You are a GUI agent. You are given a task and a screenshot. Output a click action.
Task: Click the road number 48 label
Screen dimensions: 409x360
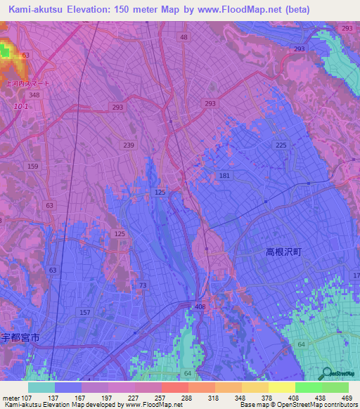(184, 37)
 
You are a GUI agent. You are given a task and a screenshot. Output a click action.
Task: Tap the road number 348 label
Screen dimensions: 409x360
(34, 94)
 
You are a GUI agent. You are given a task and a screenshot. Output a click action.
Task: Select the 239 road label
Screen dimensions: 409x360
(129, 145)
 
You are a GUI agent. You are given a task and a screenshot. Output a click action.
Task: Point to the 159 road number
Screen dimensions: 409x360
(33, 167)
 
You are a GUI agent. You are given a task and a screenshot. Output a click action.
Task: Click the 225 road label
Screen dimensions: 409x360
(281, 144)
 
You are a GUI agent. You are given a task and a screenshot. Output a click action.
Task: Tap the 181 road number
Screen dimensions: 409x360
(224, 175)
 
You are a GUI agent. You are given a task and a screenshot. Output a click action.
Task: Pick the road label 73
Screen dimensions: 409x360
(143, 285)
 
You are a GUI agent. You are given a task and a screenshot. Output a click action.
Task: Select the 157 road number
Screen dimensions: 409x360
(85, 312)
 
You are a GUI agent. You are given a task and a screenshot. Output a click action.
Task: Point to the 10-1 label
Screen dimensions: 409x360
(21, 106)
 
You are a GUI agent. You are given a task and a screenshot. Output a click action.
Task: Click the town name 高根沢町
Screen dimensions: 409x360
(283, 251)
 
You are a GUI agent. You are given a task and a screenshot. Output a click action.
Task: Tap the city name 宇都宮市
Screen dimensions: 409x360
(20, 337)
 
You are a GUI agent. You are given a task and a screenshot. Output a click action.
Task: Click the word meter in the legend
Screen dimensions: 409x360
(11, 397)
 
